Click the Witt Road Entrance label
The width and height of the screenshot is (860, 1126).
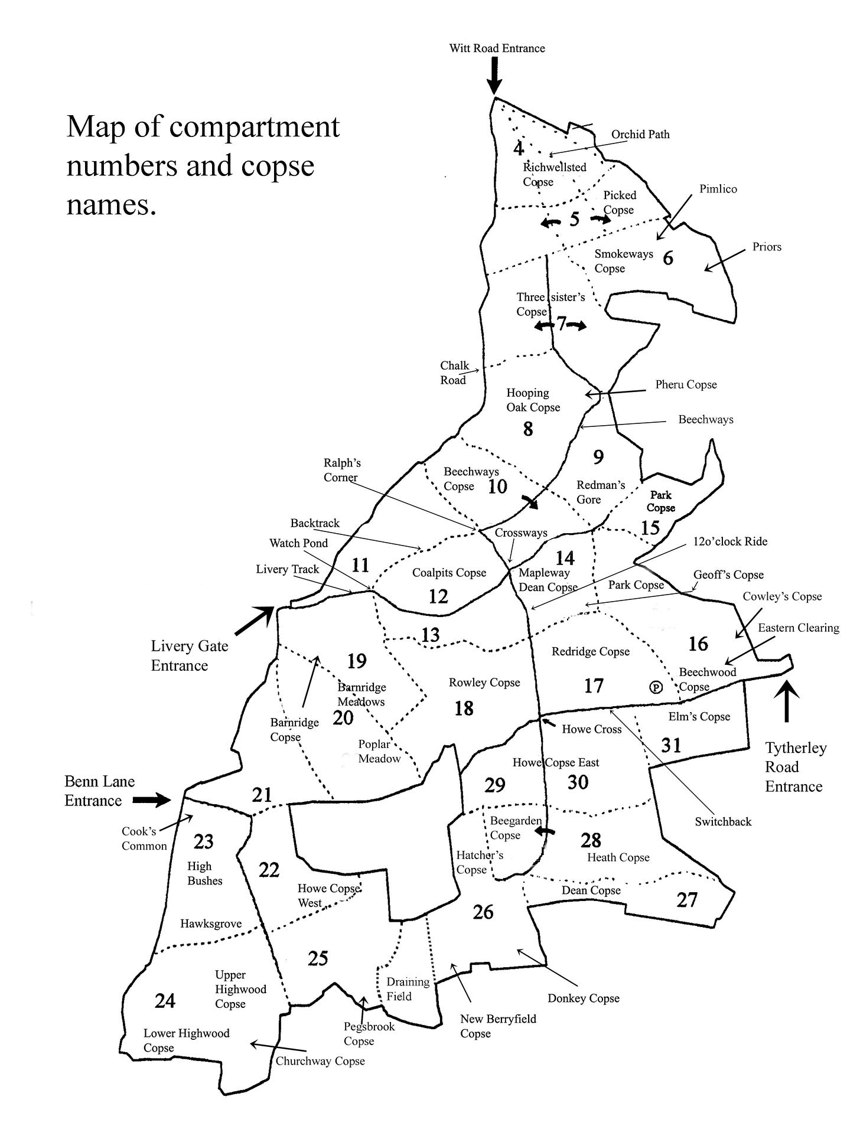(x=497, y=48)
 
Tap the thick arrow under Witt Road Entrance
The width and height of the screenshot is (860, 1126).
(x=494, y=77)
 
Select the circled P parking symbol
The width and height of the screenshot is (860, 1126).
(x=655, y=687)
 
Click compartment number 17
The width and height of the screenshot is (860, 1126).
(x=594, y=686)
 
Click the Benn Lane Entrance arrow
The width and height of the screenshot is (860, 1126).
(x=151, y=800)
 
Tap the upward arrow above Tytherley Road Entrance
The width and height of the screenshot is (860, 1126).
(x=786, y=702)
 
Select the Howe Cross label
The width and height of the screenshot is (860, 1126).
(x=591, y=729)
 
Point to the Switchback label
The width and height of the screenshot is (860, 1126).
(x=723, y=821)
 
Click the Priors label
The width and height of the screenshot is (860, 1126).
(x=767, y=247)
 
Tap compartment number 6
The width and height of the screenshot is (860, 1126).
(x=668, y=258)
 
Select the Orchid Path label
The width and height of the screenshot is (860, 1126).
(x=640, y=135)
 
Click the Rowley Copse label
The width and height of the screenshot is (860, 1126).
(x=484, y=683)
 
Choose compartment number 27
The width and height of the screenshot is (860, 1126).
(x=687, y=900)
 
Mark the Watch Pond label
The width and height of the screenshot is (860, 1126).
(x=298, y=543)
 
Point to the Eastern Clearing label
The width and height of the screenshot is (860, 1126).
(x=799, y=628)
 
